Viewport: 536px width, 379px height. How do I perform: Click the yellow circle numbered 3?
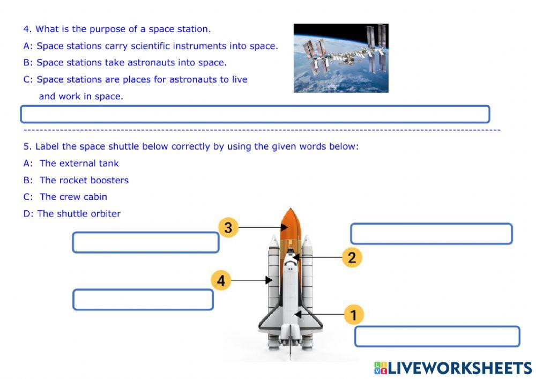click(228, 227)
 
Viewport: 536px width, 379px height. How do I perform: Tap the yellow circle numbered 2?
click(352, 257)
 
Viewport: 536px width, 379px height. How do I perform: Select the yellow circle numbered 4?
click(221, 280)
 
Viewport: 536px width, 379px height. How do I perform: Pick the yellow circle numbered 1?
click(353, 315)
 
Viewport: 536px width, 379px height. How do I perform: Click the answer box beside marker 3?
click(146, 242)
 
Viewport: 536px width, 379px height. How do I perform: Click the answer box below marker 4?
click(143, 300)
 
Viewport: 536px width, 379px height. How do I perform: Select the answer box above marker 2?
click(431, 234)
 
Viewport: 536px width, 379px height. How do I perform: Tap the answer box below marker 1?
click(437, 336)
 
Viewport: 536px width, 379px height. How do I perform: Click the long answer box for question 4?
click(255, 114)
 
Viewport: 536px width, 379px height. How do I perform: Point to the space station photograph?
click(341, 58)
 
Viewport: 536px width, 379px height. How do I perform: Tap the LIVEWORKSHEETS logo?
click(453, 368)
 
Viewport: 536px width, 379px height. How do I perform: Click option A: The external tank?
click(71, 164)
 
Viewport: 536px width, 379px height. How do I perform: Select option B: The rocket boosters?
click(76, 180)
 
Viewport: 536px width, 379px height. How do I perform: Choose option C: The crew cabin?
click(65, 197)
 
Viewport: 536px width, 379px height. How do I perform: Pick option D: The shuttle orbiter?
click(72, 213)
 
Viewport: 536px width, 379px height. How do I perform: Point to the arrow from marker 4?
click(251, 280)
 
